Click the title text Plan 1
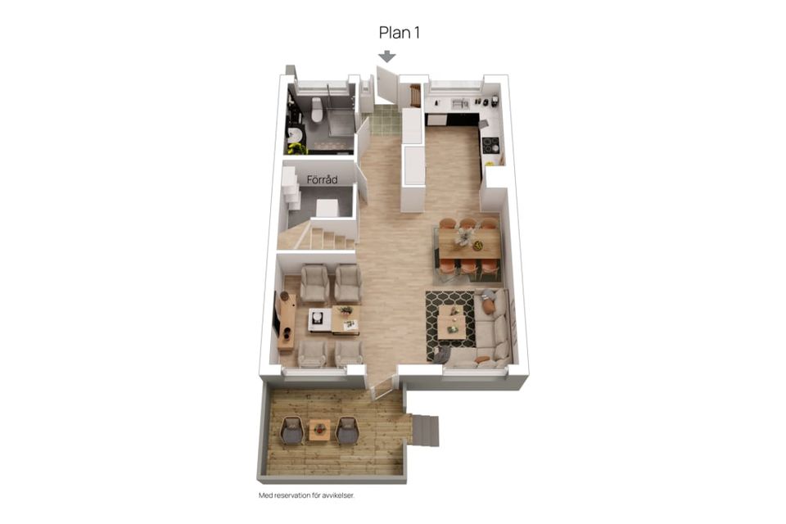(399, 33)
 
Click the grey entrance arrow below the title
(387, 56)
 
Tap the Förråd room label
(322, 179)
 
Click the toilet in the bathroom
(316, 110)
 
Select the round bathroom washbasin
(295, 134)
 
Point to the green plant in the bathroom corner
(296, 148)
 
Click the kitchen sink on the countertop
(459, 104)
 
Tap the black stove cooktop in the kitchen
(490, 145)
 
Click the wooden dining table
(470, 244)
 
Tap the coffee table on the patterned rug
(452, 323)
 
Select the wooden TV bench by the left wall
(287, 321)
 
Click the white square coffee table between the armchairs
(319, 319)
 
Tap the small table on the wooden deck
(318, 430)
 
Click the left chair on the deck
(292, 431)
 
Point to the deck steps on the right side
(424, 430)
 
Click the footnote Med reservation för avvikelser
(306, 495)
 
